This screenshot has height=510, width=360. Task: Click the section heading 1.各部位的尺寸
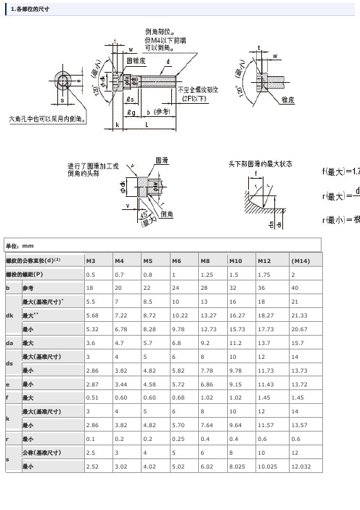click(x=30, y=8)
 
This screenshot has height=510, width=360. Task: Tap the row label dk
click(x=9, y=315)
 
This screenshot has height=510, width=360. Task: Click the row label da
click(x=9, y=342)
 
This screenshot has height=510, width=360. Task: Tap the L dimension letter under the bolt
click(x=147, y=125)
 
